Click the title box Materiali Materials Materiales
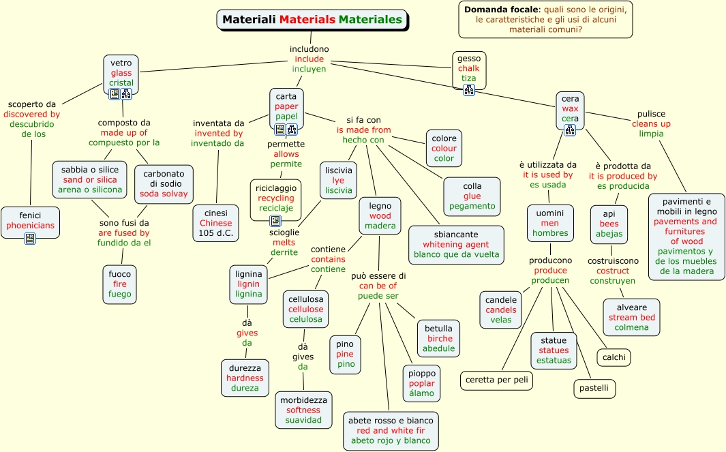pyautogui.click(x=312, y=20)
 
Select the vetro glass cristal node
pyautogui.click(x=121, y=73)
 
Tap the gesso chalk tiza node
pyautogui.click(x=469, y=68)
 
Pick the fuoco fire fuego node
pyautogui.click(x=120, y=284)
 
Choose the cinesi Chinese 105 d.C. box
pyautogui.click(x=216, y=223)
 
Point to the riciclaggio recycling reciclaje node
pyautogui.click(x=276, y=197)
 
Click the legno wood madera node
pyautogui.click(x=380, y=215)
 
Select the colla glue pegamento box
pyautogui.click(x=472, y=196)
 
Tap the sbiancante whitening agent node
pyautogui.click(x=456, y=245)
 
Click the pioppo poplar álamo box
pyautogui.click(x=422, y=383)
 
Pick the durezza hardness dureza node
pyautogui.click(x=245, y=378)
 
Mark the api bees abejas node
pyautogui.click(x=609, y=224)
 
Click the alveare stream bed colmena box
pyautogui.click(x=632, y=317)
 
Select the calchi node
pyautogui.click(x=614, y=357)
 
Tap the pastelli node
pyautogui.click(x=594, y=389)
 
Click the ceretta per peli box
pyautogui.click(x=496, y=380)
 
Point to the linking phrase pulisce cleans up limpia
pyautogui.click(x=651, y=124)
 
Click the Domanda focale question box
pyautogui.click(x=545, y=20)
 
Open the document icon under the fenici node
pyautogui.click(x=30, y=238)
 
